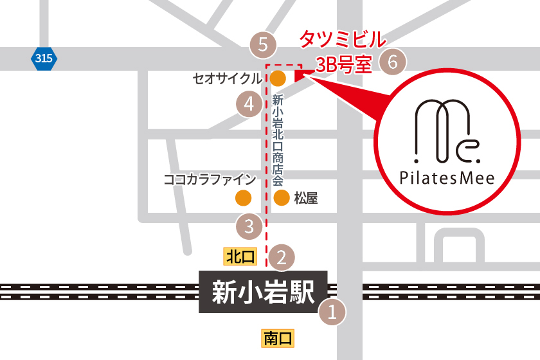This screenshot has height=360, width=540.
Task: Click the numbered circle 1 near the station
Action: pos(332,313)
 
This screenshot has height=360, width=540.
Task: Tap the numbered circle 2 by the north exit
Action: pos(281,257)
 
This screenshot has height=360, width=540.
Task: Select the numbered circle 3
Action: pos(249,226)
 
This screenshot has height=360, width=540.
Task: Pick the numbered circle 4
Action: pos(249,104)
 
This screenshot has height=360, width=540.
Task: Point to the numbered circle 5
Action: pos(263,45)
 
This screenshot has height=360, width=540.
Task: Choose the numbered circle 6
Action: pos(393,62)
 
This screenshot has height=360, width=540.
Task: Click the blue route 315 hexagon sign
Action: pos(44,59)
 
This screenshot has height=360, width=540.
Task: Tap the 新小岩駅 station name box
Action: pos(263,292)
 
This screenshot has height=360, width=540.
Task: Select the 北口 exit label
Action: pos(240,257)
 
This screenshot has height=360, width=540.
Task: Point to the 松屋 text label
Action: pos(306,198)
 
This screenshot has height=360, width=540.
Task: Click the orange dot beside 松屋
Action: pos(281,198)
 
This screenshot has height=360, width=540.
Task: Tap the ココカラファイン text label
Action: pos(210,179)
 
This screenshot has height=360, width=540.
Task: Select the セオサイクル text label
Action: pos(228,78)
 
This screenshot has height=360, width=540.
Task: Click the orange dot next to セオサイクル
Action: pos(278,78)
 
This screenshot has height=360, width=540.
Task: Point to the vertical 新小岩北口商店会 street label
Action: pos(278,140)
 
